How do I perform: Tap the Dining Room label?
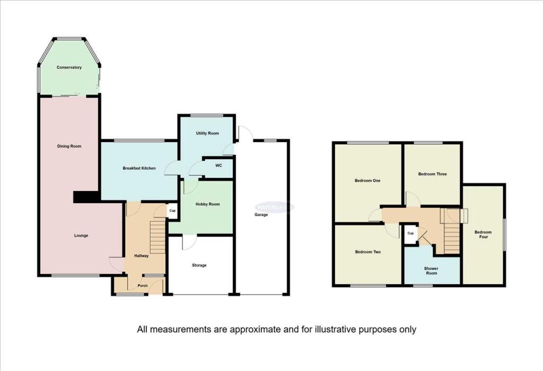pos(69,146)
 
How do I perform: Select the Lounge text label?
pos(81,235)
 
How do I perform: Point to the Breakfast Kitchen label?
pos(139,168)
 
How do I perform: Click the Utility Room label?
pos(207,133)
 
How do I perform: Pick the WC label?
pos(218,165)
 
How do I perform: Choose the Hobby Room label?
pos(207,204)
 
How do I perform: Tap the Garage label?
pos(260,215)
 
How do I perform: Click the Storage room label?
pos(199,265)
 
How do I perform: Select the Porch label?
pos(143,286)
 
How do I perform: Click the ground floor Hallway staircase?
pos(158,237)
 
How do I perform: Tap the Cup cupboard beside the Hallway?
pos(172,211)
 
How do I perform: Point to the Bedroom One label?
pos(367,180)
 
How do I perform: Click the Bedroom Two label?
pos(367,252)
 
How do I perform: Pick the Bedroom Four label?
pos(483,235)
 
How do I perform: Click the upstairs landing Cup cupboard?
pos(410,234)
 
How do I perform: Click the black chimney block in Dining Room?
pos(85,196)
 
